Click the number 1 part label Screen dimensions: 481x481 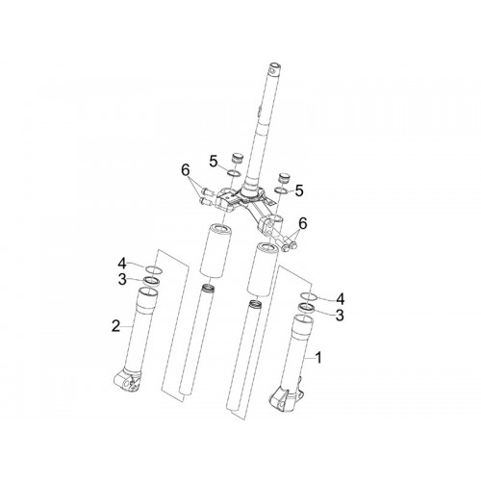[x=318, y=358]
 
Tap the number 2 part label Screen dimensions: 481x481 [x=115, y=326]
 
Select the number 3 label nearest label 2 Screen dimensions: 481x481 [x=122, y=279]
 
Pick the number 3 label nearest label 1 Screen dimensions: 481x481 [x=340, y=315]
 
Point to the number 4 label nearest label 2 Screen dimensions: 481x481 [x=122, y=264]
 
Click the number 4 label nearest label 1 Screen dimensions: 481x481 [x=340, y=299]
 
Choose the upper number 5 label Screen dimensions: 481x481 [x=214, y=161]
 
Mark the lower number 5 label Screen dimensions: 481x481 [x=299, y=190]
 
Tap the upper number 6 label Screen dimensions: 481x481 [x=186, y=170]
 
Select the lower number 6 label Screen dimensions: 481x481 [x=303, y=223]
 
